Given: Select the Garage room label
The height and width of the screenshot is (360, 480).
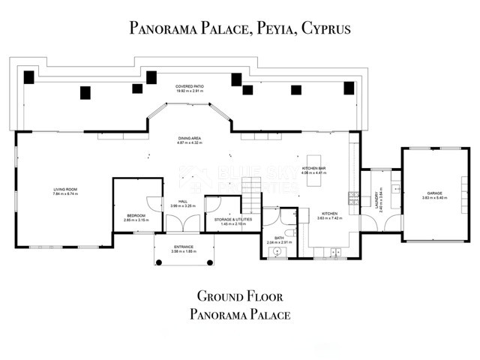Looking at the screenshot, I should tap(424, 193).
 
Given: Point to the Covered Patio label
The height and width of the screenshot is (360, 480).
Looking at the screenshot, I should tap(190, 87).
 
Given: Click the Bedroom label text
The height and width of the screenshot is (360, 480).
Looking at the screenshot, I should tap(135, 215).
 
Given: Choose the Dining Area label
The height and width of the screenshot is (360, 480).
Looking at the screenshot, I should tap(189, 139).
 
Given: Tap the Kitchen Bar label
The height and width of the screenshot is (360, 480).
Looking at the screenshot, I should tap(313, 169).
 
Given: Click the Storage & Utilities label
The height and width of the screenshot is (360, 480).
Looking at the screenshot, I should tap(233, 220).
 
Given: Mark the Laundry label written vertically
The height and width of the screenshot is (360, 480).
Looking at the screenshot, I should tap(376, 201).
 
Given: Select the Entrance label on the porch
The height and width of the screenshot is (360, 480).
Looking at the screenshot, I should tap(184, 247).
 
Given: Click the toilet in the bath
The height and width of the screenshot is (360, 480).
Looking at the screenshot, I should tap(292, 232).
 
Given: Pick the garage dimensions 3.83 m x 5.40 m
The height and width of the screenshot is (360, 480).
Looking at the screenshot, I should tap(424, 198).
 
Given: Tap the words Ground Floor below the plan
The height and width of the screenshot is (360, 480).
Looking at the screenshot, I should tap(239, 295).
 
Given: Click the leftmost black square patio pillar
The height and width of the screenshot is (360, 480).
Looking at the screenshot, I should tap(29, 76).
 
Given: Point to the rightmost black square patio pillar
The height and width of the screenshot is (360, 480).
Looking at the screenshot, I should tap(349, 88).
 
